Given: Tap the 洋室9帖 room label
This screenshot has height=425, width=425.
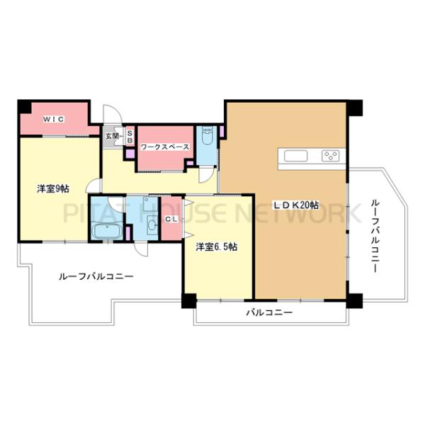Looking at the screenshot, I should tap(54, 188).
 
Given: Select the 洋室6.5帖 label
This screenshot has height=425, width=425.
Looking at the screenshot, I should tap(217, 246).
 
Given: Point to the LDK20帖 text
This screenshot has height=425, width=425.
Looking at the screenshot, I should tap(297, 205).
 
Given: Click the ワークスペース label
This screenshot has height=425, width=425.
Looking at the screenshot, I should tap(164, 146).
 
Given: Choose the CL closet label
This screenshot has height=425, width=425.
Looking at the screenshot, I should tap(171, 220).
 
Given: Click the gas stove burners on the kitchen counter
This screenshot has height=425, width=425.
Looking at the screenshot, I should tap(330, 156).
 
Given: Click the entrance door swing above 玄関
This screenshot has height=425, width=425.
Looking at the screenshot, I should tap(112, 115).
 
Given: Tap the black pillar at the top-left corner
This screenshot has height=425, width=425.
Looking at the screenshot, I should tap(24, 106).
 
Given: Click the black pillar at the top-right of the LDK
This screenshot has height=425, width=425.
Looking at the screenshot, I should tap(355, 108).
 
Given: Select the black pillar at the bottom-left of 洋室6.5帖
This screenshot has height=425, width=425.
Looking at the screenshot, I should tap(188, 300).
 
